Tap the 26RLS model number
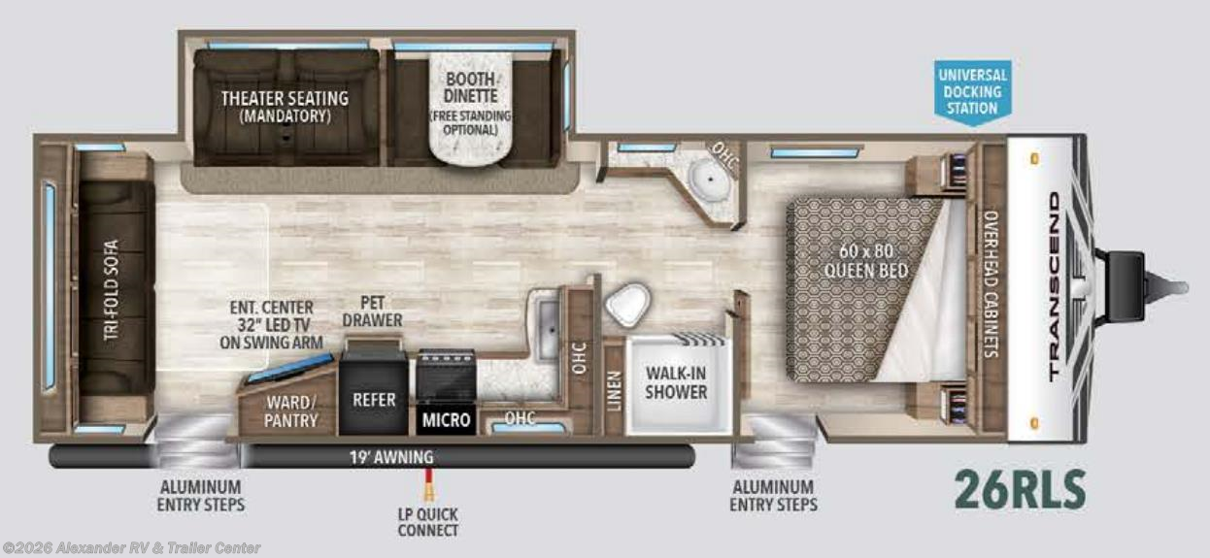pos(1019,490)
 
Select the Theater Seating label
pos(284,106)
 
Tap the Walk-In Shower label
pos(676,382)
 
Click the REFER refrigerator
pos(374,399)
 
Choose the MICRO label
pos(446,420)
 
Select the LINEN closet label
pos(613,391)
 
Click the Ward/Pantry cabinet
pos(290,410)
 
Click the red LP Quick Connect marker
pos(426,481)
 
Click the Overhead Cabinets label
pos(991,284)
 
